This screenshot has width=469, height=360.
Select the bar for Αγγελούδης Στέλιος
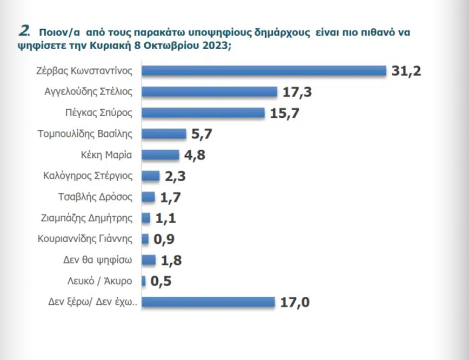(x=209, y=92)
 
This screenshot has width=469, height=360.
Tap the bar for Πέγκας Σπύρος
(x=203, y=112)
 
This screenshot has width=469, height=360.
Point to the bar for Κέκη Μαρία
(x=160, y=155)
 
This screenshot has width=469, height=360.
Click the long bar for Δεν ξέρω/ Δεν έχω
(x=209, y=302)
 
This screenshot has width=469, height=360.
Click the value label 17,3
(x=297, y=92)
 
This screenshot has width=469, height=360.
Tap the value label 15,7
(x=284, y=113)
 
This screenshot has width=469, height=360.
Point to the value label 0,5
(x=161, y=282)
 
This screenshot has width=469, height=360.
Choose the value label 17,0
(x=294, y=302)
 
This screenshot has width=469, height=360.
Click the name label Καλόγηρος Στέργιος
(x=88, y=176)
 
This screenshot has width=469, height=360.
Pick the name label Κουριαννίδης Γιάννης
(x=85, y=239)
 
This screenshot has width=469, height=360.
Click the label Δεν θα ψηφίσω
(x=98, y=260)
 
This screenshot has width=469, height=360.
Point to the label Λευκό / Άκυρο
(x=101, y=281)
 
